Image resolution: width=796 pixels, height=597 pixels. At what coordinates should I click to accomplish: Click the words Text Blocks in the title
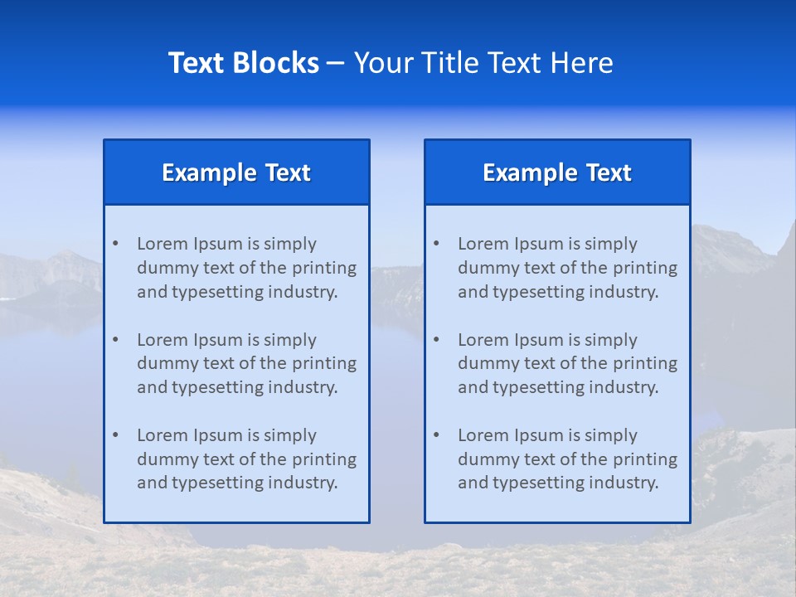(243, 63)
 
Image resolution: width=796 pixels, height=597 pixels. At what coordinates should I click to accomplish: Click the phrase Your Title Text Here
(483, 63)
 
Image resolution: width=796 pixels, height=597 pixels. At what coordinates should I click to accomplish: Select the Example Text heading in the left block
(236, 172)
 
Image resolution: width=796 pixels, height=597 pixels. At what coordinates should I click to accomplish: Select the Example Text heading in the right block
(557, 172)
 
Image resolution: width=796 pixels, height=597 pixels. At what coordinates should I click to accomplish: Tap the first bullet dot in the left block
(115, 244)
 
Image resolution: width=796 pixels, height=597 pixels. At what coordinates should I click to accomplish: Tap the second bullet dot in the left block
(115, 340)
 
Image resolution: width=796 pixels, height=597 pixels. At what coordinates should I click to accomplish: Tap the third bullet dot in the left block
(115, 435)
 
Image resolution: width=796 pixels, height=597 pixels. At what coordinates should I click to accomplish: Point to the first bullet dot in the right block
(436, 244)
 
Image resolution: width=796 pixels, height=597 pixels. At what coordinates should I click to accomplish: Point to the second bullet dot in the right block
(436, 340)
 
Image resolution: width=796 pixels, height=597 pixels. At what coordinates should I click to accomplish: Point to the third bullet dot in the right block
(436, 435)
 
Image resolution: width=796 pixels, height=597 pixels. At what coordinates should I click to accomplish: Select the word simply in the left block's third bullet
(290, 435)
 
